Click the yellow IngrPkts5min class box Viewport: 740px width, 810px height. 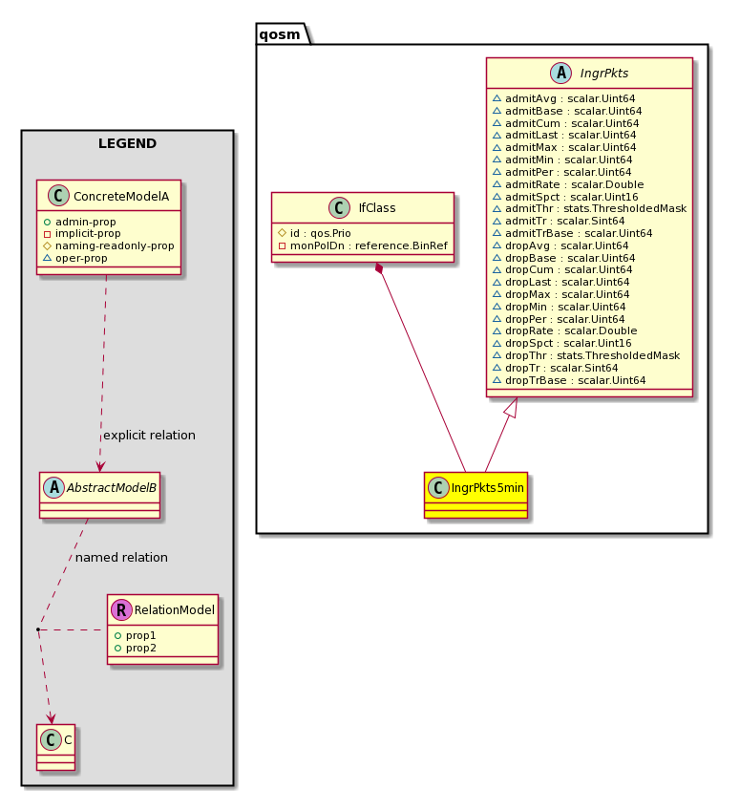476,495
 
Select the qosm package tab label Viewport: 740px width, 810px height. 280,34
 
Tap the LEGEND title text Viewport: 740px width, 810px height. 128,143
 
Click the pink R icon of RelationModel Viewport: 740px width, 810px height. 121,610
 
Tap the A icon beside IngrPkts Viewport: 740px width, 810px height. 561,73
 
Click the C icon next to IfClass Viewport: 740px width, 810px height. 339,207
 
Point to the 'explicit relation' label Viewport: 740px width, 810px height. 149,436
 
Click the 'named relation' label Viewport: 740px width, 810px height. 121,558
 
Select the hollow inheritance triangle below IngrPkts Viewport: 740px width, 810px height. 511,407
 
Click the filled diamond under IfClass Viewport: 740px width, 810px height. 380,268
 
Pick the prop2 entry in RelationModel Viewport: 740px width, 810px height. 136,648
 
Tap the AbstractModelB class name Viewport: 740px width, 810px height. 112,488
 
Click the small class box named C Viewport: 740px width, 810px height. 55,747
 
